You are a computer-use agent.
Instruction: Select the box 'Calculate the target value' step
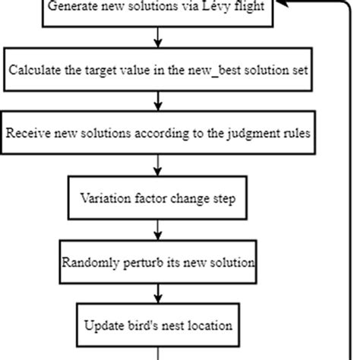(x=157, y=71)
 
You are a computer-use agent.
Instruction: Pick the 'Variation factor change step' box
(x=157, y=198)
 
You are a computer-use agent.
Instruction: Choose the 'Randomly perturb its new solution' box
(x=157, y=262)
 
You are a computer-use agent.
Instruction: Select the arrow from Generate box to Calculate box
(x=157, y=38)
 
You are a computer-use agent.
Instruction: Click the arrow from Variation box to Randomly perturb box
(x=157, y=230)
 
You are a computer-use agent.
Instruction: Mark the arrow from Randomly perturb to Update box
(x=157, y=293)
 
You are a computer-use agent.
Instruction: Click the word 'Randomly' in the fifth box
(x=88, y=262)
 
